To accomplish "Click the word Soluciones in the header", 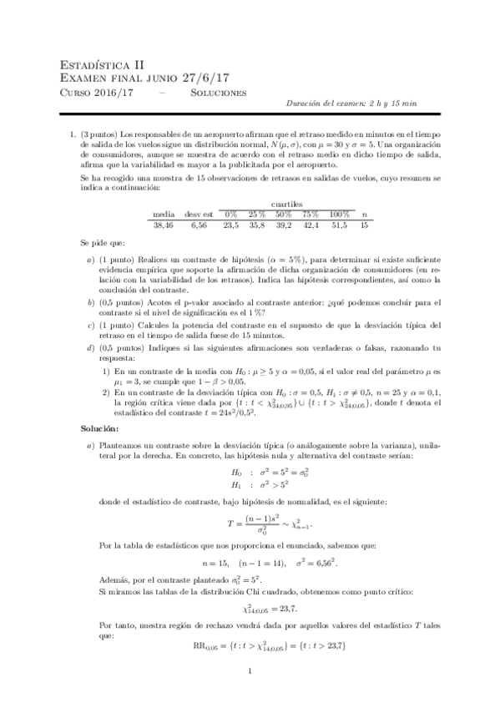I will tap(219, 92).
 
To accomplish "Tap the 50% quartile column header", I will tap(285, 215).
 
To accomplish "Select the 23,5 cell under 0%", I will tap(231, 225).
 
